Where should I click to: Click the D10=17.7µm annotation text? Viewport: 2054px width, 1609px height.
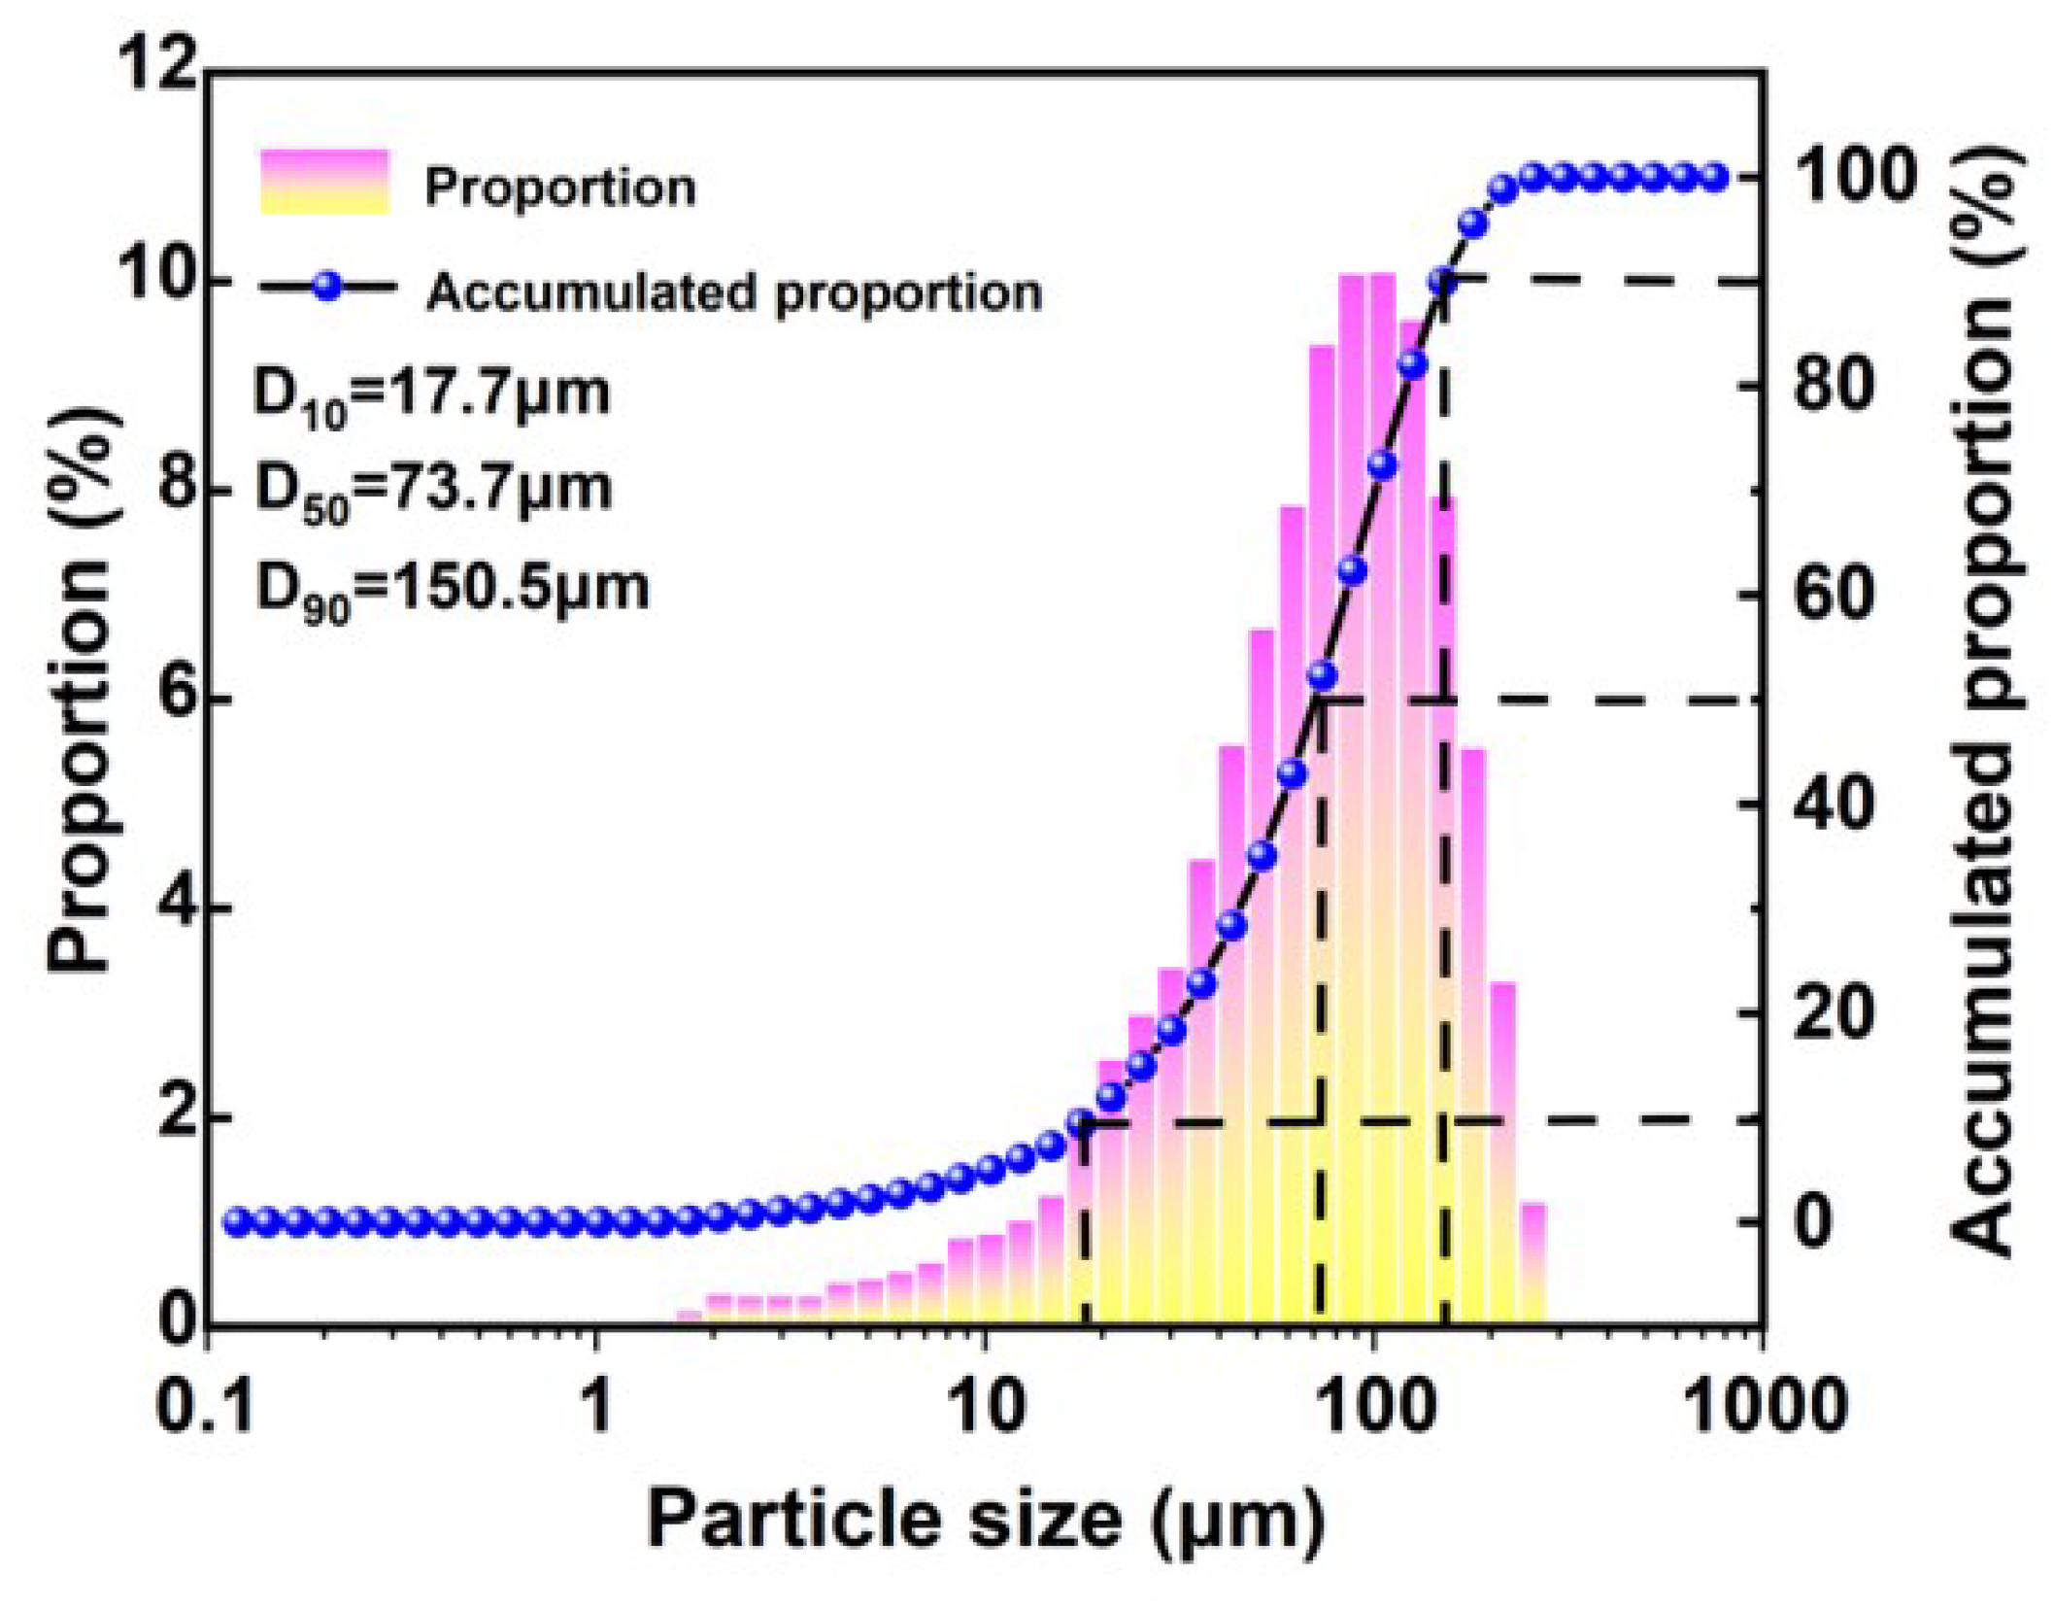click(x=431, y=394)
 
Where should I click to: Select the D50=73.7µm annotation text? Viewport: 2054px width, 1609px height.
click(x=433, y=489)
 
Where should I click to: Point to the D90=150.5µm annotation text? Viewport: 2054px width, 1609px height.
click(x=452, y=588)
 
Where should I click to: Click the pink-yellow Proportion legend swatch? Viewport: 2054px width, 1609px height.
click(x=324, y=182)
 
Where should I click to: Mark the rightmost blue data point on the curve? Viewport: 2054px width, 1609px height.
click(x=1714, y=177)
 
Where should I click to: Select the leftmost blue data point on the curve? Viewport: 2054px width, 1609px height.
click(x=237, y=1222)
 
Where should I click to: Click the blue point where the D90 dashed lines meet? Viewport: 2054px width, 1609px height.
click(x=1444, y=282)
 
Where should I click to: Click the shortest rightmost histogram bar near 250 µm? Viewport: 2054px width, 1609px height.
click(x=1532, y=1263)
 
